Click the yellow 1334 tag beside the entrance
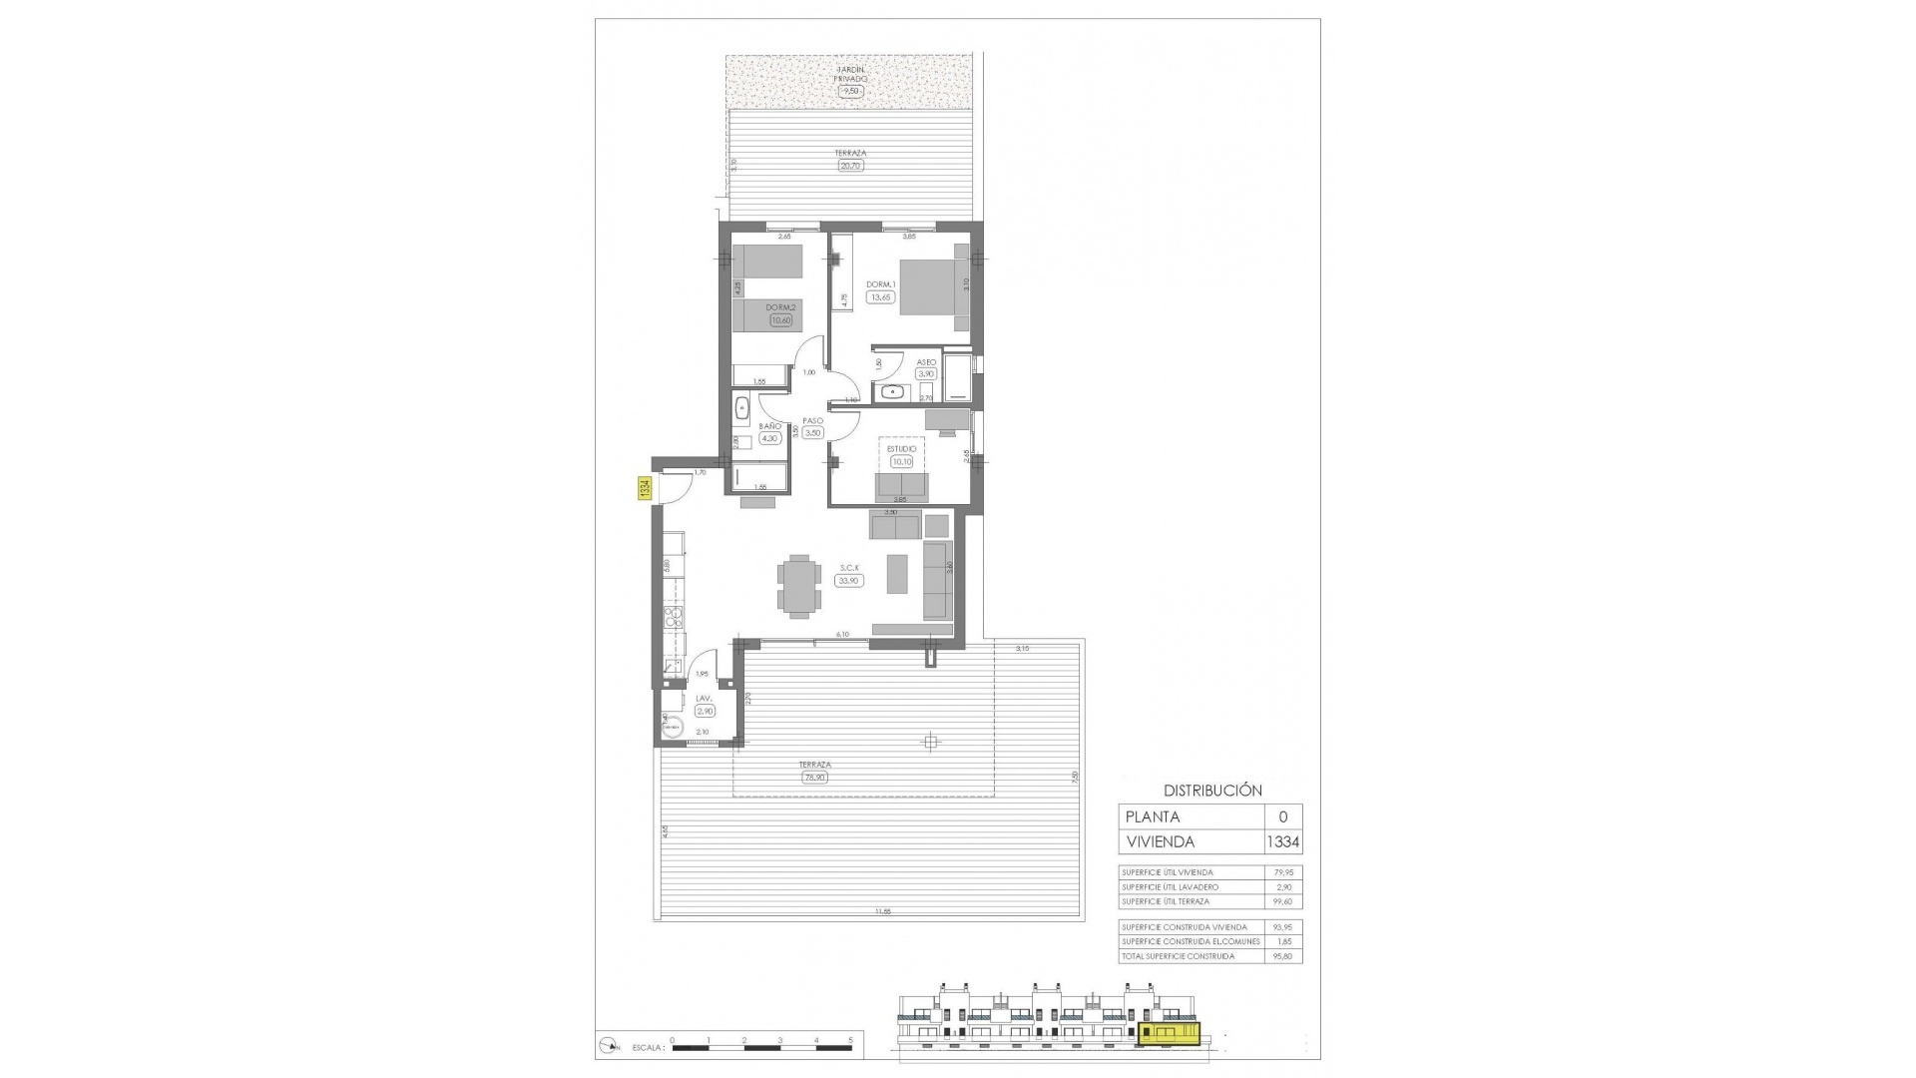(645, 489)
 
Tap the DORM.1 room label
(879, 284)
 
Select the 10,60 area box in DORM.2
(780, 320)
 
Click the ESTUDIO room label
(902, 449)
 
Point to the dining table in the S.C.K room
(799, 583)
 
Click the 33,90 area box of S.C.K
(849, 581)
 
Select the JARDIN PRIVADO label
(851, 74)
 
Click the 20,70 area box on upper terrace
(850, 166)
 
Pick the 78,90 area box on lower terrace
(815, 777)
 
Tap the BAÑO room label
(768, 426)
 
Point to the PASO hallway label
(812, 421)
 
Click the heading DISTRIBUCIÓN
(1212, 790)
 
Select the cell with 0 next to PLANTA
(1283, 816)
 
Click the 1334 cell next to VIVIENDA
(1283, 841)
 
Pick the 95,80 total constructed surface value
(1283, 956)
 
